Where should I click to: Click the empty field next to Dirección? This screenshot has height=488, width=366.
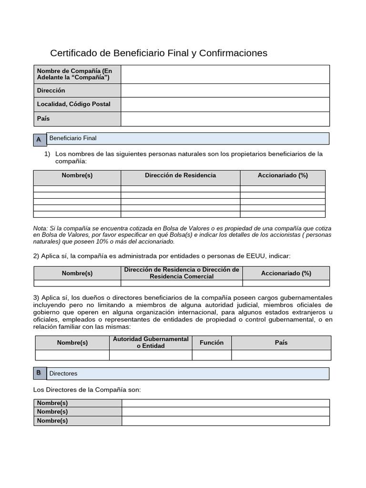(x=225, y=91)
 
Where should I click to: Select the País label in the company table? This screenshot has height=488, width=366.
(x=43, y=118)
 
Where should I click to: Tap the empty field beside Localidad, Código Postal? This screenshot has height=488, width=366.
(x=225, y=104)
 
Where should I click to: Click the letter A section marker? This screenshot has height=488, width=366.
(x=39, y=139)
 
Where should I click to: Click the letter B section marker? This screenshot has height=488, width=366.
(x=39, y=373)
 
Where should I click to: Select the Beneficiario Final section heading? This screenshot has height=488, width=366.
(x=73, y=138)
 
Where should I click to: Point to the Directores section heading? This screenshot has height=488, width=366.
(x=63, y=374)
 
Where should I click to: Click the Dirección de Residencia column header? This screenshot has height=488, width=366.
(x=180, y=175)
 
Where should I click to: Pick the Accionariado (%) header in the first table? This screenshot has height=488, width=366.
(x=283, y=175)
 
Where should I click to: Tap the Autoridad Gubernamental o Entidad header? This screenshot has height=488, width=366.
(x=151, y=342)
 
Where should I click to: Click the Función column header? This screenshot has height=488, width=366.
(x=212, y=343)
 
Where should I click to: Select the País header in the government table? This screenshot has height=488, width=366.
(x=281, y=343)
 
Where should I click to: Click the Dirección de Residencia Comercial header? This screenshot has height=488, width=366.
(x=182, y=273)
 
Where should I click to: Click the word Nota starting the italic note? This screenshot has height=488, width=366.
(x=40, y=228)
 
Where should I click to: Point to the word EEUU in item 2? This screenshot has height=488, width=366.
(x=255, y=256)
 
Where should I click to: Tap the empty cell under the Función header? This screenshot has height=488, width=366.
(x=212, y=355)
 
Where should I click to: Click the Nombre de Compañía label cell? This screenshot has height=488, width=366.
(x=77, y=74)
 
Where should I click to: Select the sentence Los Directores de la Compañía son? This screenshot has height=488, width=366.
(x=87, y=390)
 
